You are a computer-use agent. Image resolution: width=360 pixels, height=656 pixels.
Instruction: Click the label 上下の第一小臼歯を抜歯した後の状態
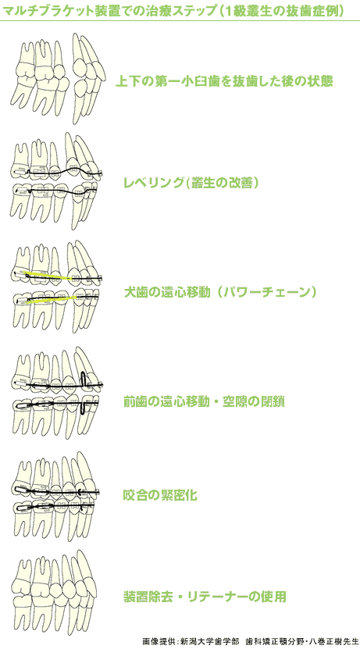(224, 80)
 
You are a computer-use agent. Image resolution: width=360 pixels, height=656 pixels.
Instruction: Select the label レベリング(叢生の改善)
(191, 183)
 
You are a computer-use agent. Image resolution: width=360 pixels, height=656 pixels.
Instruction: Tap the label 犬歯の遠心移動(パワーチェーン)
(220, 291)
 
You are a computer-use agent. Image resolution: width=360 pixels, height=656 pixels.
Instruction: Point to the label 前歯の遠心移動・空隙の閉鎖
(204, 402)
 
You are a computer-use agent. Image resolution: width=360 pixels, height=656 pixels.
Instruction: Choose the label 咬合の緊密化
(160, 496)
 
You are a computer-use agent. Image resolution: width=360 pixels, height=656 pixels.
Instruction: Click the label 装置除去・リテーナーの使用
(205, 596)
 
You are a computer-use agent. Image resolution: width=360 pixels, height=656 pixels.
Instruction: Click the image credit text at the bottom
(251, 641)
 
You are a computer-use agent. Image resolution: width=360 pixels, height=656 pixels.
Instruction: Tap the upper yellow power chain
(49, 276)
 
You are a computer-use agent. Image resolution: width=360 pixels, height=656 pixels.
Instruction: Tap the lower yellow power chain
(51, 298)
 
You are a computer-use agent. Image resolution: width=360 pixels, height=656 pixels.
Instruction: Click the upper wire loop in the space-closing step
(84, 379)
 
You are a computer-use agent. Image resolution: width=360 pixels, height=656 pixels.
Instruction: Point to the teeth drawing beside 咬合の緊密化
(57, 495)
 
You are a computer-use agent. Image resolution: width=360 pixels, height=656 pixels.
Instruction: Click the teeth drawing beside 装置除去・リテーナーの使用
(56, 594)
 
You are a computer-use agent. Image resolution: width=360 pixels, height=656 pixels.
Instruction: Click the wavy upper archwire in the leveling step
(62, 172)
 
